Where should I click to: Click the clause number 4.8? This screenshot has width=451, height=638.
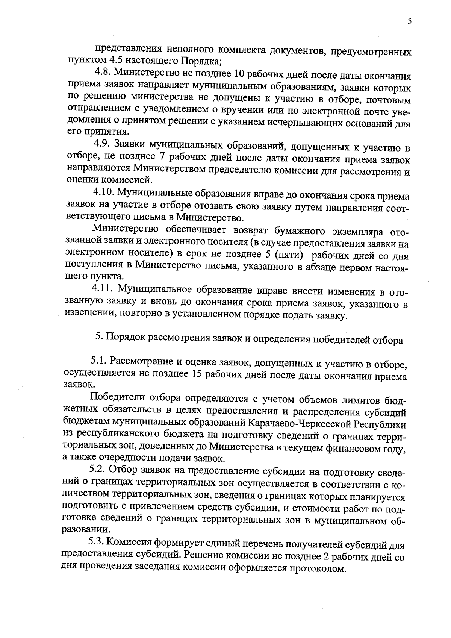coord(102,71)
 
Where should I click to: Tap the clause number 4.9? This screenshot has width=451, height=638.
coord(101,144)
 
